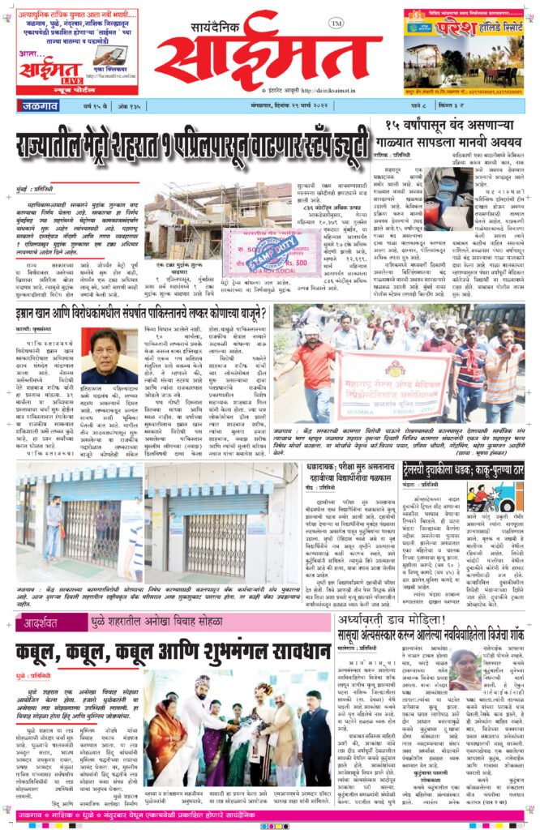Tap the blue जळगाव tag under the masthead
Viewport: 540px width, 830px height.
pyautogui.click(x=39, y=105)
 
